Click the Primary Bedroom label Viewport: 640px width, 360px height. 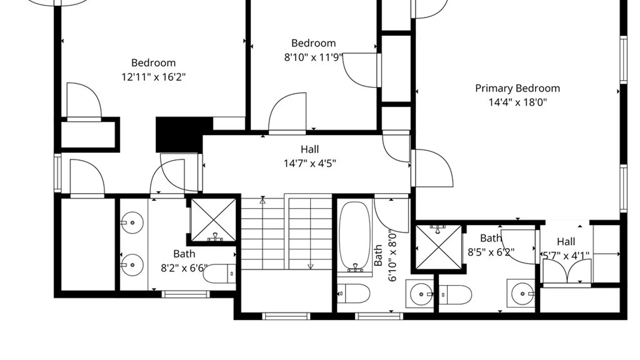click(517, 88)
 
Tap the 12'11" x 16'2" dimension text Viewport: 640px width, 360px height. click(153, 77)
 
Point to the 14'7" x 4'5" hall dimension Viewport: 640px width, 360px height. click(310, 163)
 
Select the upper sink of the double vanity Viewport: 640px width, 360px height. click(132, 222)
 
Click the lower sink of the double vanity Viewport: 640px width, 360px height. click(132, 265)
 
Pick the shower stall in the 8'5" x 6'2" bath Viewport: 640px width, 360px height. click(439, 247)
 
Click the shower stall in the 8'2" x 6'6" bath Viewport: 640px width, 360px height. click(213, 220)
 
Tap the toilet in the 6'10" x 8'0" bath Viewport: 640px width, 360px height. click(353, 294)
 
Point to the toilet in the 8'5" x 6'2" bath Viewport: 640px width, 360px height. click(455, 295)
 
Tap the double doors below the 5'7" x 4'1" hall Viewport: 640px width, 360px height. click(567, 271)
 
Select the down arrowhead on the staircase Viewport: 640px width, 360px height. click(310, 267)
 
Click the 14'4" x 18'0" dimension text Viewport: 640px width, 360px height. click(518, 102)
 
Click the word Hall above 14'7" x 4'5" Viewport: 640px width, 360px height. click(310, 149)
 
